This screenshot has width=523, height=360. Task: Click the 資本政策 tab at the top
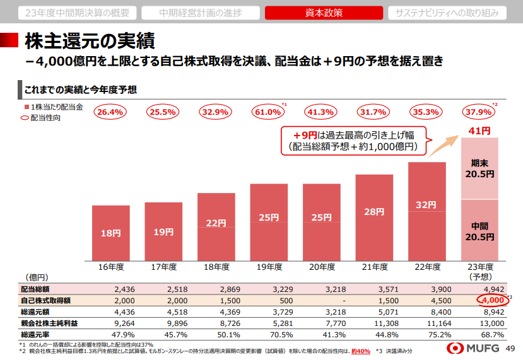coord(324,13)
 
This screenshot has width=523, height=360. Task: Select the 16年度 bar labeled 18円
coord(111,233)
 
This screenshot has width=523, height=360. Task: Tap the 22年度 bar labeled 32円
coord(427,211)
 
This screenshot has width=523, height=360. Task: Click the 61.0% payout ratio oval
coord(268,112)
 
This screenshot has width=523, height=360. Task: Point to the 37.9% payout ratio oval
coord(478,112)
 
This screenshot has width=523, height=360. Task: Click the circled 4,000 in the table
coord(493,300)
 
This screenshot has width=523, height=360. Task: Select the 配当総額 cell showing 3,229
coord(283,289)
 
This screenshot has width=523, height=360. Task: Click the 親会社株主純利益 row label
coord(49,323)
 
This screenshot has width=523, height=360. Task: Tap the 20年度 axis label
coord(322,267)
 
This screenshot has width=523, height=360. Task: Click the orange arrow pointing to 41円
coord(444,146)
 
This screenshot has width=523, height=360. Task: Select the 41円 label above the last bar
coord(479,131)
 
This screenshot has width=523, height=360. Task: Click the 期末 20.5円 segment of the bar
coord(479,168)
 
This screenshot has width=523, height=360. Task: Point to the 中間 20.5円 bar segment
coord(479,230)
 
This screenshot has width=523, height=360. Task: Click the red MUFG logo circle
coord(455,348)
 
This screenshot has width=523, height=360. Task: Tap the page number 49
coord(510,348)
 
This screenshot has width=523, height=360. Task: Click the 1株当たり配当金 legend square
coord(26,107)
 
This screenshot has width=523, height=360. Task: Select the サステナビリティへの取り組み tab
coord(447,13)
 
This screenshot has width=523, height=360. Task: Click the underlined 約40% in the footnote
coord(361,351)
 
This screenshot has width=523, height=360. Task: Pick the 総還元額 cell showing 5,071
coord(388,312)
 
